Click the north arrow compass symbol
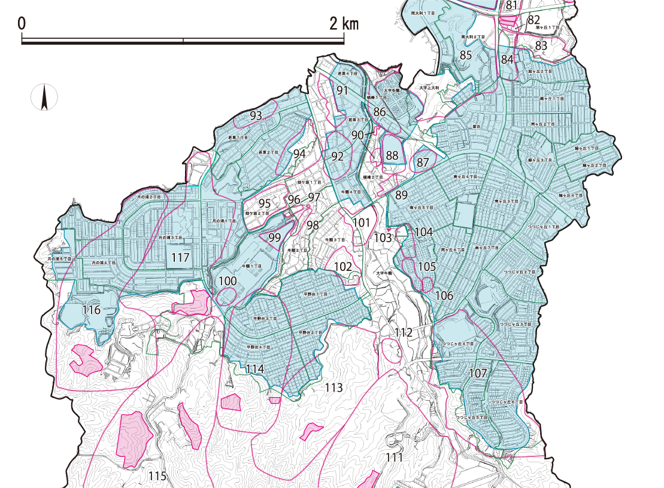click(44, 97)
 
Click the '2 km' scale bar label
click(344, 24)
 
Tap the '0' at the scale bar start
click(22, 24)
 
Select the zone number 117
click(180, 258)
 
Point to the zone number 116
click(92, 310)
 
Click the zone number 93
click(256, 116)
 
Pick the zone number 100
click(228, 281)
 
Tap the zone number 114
click(254, 369)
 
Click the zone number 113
click(333, 388)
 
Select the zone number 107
click(478, 373)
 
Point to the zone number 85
click(466, 55)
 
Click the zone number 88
click(392, 155)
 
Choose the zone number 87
click(423, 162)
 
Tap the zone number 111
click(393, 457)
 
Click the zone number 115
click(157, 476)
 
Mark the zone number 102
click(342, 267)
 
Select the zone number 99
click(275, 237)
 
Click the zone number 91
click(342, 90)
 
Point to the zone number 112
click(404, 333)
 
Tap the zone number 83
click(541, 45)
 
